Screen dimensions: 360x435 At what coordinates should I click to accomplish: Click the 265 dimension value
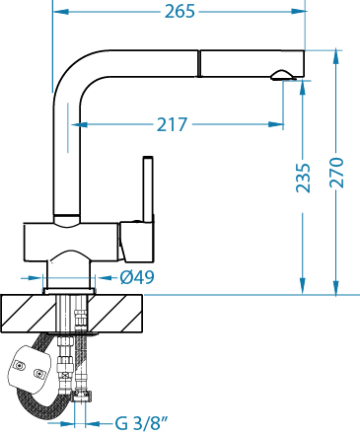(180, 12)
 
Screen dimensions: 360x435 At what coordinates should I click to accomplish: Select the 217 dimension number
(172, 124)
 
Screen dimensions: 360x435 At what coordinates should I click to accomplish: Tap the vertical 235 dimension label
(303, 178)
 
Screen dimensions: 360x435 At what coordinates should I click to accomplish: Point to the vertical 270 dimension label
(336, 173)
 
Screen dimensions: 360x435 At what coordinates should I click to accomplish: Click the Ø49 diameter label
(137, 277)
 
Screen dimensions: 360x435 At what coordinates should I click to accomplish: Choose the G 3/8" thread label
(142, 423)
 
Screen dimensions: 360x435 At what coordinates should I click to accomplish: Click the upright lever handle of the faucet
(148, 189)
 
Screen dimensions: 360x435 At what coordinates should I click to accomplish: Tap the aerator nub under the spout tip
(282, 75)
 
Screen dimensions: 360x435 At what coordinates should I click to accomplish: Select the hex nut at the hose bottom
(82, 396)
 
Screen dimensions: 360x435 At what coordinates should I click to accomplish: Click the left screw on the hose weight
(19, 365)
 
